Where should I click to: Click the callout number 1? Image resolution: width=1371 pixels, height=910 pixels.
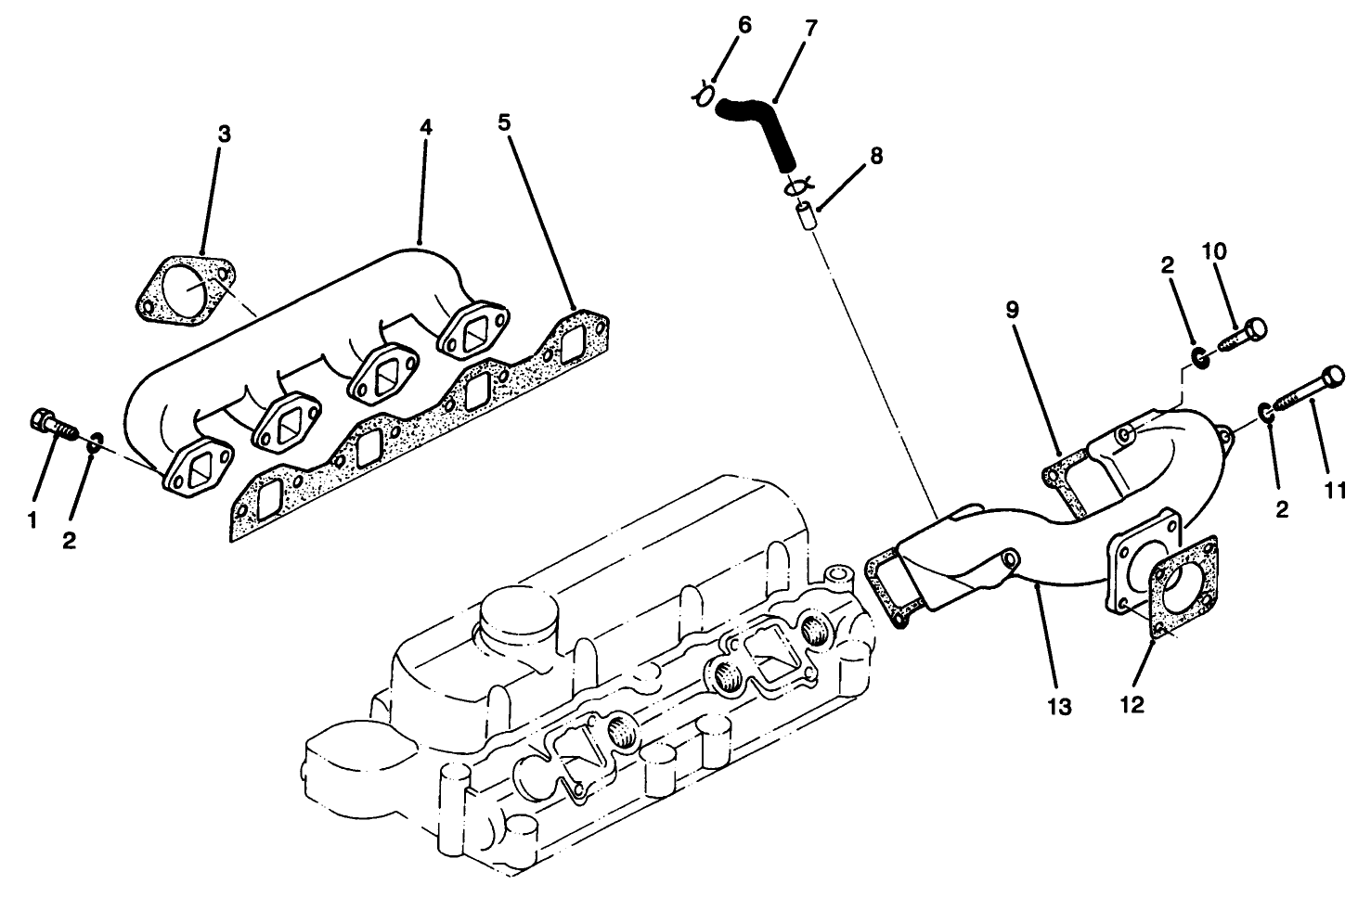click(x=32, y=521)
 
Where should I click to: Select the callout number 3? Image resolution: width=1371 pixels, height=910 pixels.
click(x=224, y=134)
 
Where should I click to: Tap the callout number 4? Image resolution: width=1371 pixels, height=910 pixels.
click(x=424, y=126)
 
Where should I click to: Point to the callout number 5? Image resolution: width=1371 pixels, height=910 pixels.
click(x=504, y=122)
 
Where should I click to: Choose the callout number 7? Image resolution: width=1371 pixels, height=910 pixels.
click(x=811, y=27)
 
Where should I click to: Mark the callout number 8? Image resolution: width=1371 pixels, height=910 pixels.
click(x=875, y=156)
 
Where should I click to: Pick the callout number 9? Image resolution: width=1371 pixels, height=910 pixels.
click(x=1012, y=309)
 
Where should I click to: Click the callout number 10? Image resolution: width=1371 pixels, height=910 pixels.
click(x=1214, y=250)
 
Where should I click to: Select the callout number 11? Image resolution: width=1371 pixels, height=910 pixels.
click(x=1335, y=491)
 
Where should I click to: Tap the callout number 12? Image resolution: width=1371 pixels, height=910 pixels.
click(x=1132, y=704)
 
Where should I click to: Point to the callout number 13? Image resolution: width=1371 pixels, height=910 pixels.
click(x=1059, y=707)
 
